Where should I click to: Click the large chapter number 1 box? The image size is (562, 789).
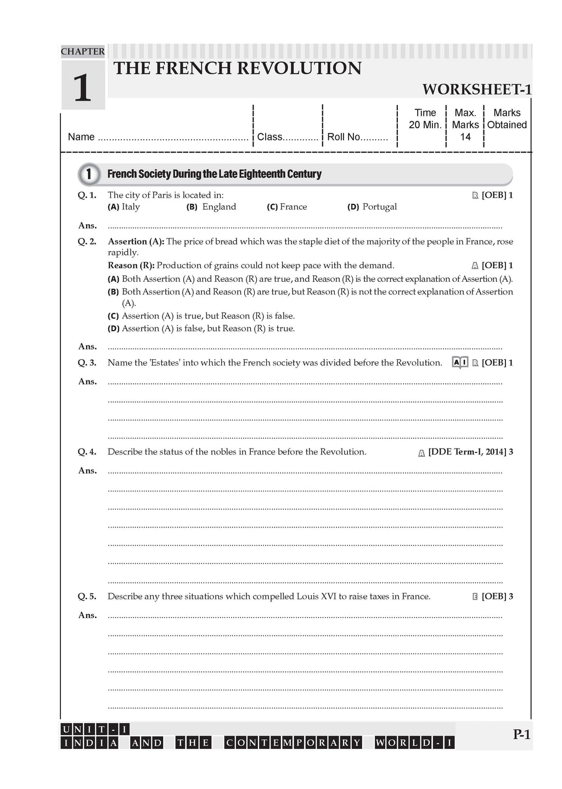(x=82, y=85)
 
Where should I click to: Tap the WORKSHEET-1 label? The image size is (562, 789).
(x=476, y=89)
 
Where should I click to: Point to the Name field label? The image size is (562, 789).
(x=81, y=137)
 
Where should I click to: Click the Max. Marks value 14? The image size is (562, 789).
(x=465, y=137)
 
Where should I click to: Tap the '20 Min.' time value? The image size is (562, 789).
(x=425, y=125)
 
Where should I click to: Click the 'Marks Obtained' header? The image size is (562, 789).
(x=507, y=119)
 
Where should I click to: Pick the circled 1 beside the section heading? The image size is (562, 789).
(x=89, y=174)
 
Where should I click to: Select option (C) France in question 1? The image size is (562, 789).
(x=287, y=207)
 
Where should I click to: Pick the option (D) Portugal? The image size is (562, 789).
(x=372, y=207)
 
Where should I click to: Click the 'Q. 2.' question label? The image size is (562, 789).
(x=87, y=241)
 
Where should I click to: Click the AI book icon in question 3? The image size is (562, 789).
(x=459, y=362)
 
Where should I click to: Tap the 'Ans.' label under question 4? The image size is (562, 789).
(x=87, y=470)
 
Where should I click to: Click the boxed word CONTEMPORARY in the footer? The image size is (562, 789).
(x=294, y=743)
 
